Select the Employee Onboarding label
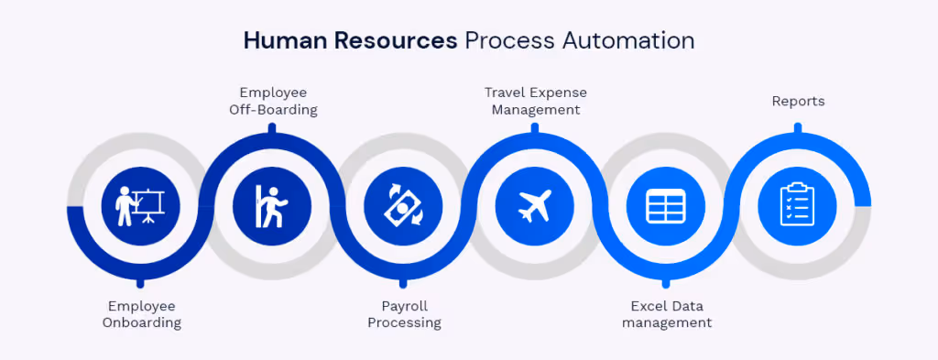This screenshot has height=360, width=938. (x=141, y=314)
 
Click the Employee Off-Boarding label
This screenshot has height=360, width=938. (x=273, y=101)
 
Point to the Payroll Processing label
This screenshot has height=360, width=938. (x=404, y=314)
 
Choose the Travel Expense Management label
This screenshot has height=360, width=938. (x=535, y=101)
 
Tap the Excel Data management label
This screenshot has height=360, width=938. (x=666, y=314)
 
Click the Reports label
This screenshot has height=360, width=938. (x=798, y=101)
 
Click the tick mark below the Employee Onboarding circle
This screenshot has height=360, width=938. (x=140, y=282)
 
